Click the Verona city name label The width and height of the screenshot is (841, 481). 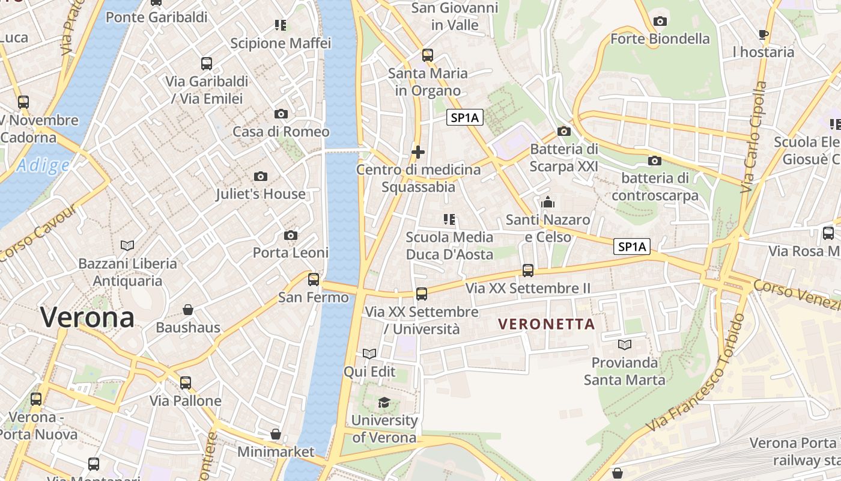pyautogui.click(x=88, y=317)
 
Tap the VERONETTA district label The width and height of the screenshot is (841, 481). pyautogui.click(x=547, y=325)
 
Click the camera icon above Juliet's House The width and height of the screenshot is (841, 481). pyautogui.click(x=261, y=176)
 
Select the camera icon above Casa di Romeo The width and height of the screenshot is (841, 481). pyautogui.click(x=281, y=114)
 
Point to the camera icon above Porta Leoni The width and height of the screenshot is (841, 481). pyautogui.click(x=291, y=235)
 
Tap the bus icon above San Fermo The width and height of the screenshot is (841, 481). pyautogui.click(x=314, y=279)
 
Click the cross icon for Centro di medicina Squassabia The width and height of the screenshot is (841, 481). pyautogui.click(x=418, y=152)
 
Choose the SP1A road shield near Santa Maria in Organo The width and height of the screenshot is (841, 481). pyautogui.click(x=465, y=118)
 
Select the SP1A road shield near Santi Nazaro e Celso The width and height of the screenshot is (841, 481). pyautogui.click(x=632, y=247)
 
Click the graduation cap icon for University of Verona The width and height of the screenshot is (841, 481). pyautogui.click(x=384, y=403)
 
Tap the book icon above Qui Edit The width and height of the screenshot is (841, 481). pyautogui.click(x=369, y=354)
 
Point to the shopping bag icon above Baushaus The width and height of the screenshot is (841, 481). pyautogui.click(x=188, y=310)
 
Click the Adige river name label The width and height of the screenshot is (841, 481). pyautogui.click(x=42, y=165)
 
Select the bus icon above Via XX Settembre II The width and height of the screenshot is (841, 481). pyautogui.click(x=528, y=271)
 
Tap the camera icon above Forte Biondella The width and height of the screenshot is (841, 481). pyautogui.click(x=660, y=21)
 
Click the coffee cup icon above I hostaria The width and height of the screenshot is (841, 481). pyautogui.click(x=764, y=34)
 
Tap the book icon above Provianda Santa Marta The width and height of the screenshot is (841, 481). pyautogui.click(x=625, y=345)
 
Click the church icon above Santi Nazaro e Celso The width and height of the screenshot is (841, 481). pyautogui.click(x=548, y=203)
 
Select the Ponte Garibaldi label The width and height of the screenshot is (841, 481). pyautogui.click(x=157, y=17)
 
